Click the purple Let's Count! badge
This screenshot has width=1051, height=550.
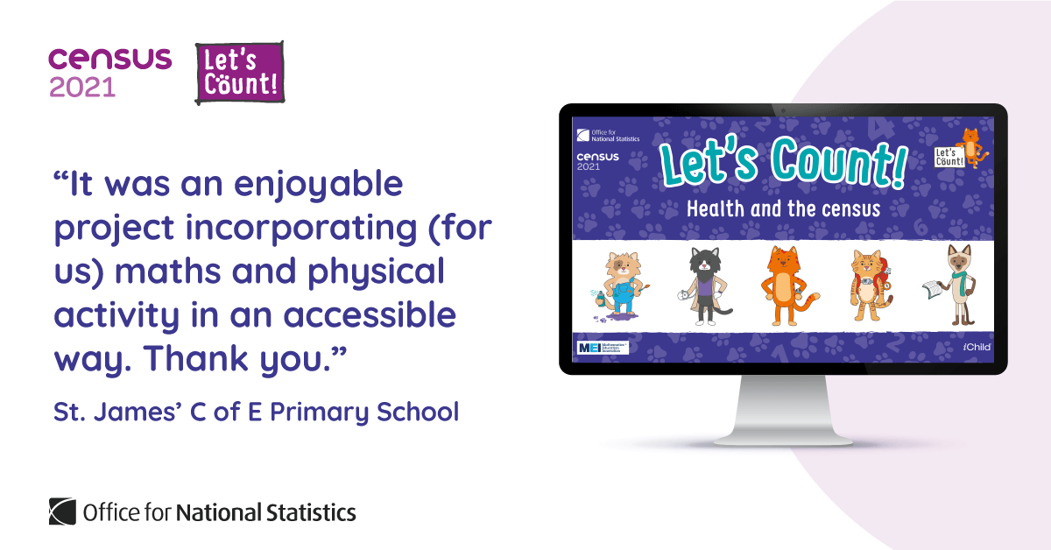point(239,72)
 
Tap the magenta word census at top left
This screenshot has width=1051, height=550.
point(109,60)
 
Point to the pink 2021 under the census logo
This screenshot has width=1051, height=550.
point(82,88)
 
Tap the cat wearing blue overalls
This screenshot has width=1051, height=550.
point(614,287)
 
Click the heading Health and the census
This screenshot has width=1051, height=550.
point(783,209)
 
